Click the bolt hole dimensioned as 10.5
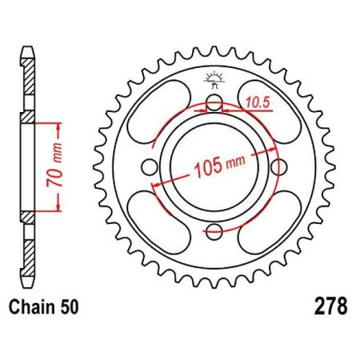pos(214,102)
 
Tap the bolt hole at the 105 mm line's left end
pos(149,167)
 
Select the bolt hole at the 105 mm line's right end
pos(279,167)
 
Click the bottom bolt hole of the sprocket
pos(214,233)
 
